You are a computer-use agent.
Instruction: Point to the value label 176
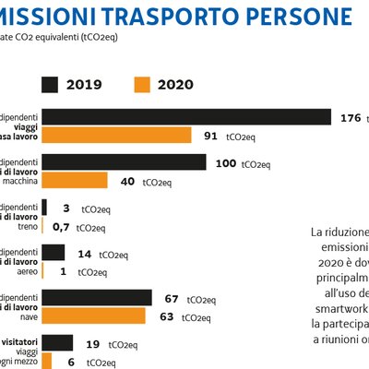[x=351, y=117]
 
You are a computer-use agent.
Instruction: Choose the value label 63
[x=168, y=316]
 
